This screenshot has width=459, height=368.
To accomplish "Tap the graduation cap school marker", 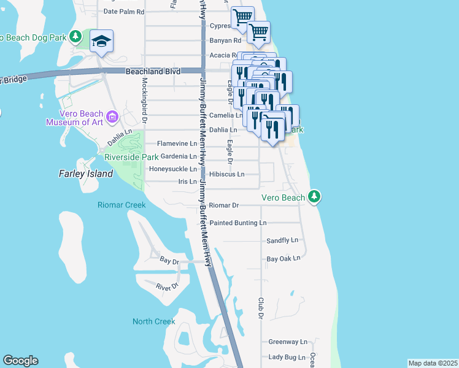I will pyautogui.click(x=101, y=42).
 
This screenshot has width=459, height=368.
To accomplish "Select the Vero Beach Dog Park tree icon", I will pyautogui.click(x=75, y=37).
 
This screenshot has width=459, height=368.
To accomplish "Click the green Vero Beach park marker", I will pyautogui.click(x=314, y=197).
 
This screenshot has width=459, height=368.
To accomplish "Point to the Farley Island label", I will pyautogui.click(x=86, y=174).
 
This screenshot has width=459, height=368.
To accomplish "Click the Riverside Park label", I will pyautogui.click(x=131, y=157).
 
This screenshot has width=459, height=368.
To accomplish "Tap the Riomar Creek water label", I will pyautogui.click(x=121, y=205).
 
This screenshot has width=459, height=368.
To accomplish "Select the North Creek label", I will pyautogui.click(x=154, y=321).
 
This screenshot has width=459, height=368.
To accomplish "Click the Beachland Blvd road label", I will pyautogui.click(x=153, y=72).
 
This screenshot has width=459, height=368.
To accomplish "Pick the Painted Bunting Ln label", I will pyautogui.click(x=238, y=223).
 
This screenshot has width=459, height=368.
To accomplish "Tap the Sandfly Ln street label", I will pyautogui.click(x=282, y=240).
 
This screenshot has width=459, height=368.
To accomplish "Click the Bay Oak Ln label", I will pyautogui.click(x=283, y=258).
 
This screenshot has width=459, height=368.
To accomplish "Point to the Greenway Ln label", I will pyautogui.click(x=287, y=342).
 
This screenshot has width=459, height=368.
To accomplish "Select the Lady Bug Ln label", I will pyautogui.click(x=287, y=357).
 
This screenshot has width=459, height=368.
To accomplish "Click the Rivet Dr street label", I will pyautogui.click(x=166, y=286).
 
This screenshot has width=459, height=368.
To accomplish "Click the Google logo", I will pyautogui.click(x=20, y=361).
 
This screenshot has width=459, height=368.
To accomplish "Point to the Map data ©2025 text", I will pyautogui.click(x=433, y=363).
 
